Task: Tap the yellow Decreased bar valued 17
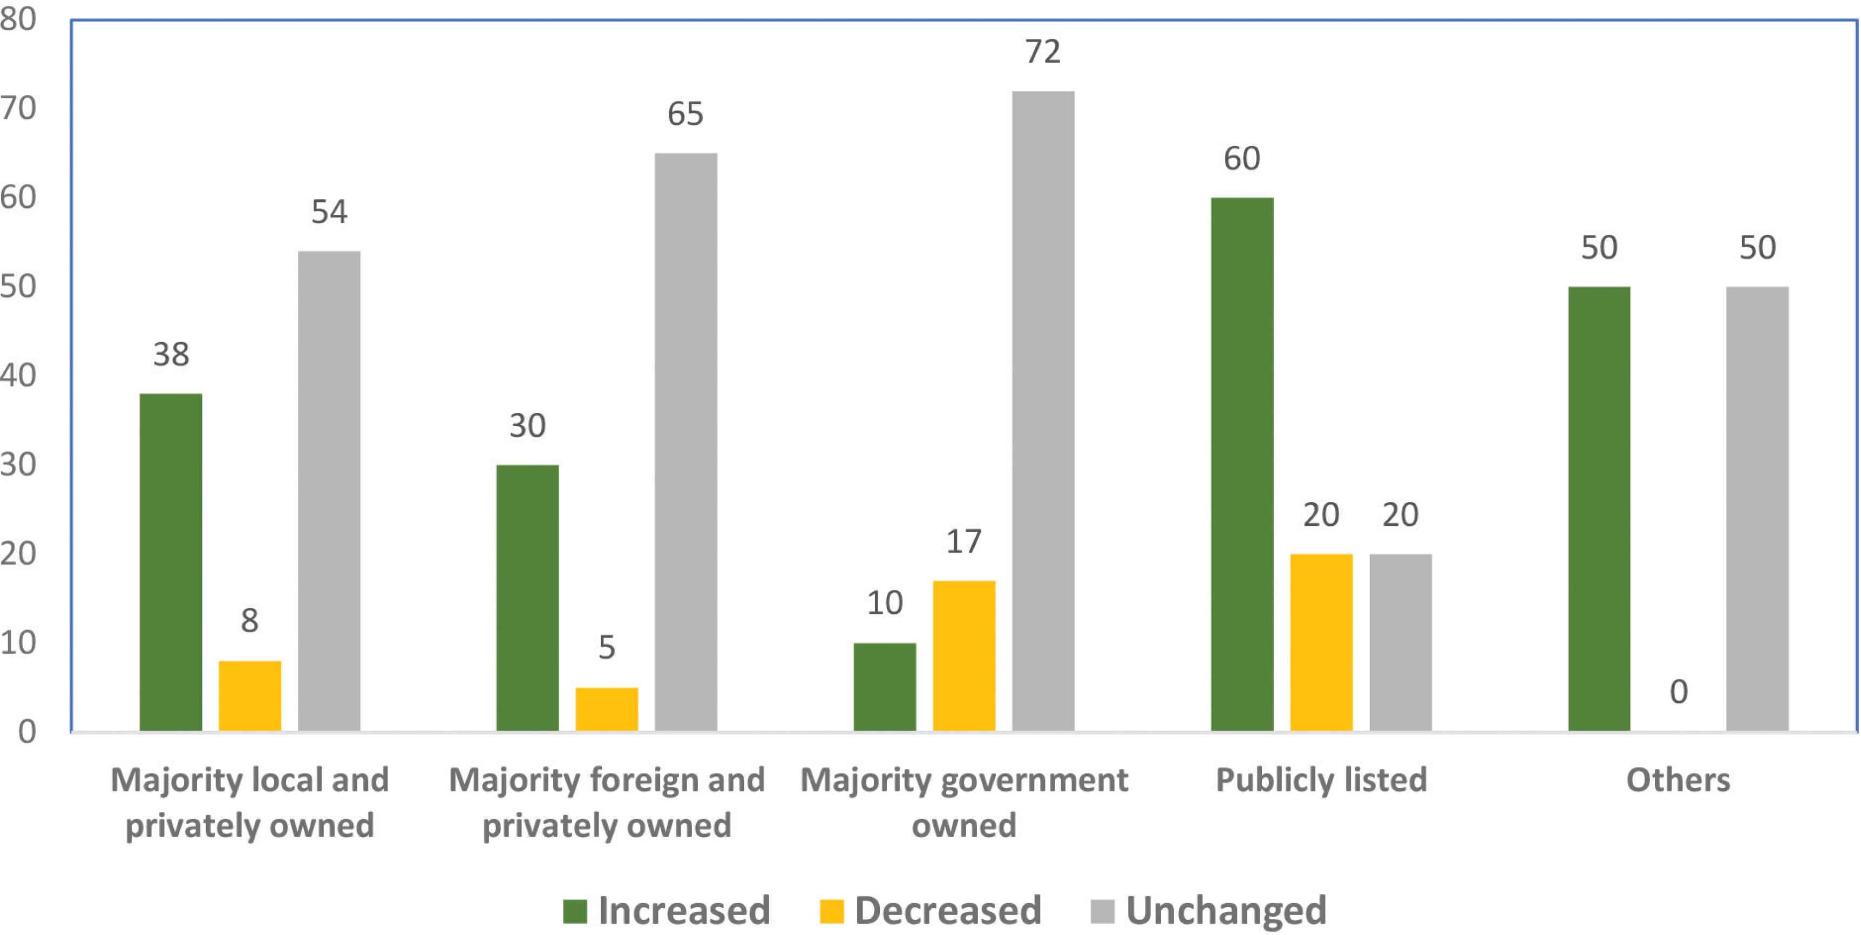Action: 964,655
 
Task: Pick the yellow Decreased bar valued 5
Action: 606,709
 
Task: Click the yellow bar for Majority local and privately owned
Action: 250,695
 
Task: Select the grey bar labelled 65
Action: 685,442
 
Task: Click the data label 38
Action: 171,355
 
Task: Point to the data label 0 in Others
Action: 1678,692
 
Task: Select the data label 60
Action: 1242,159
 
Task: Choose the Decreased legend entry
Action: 931,910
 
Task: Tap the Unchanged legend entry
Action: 1208,910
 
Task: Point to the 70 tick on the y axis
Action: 18,109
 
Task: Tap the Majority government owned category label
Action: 964,802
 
